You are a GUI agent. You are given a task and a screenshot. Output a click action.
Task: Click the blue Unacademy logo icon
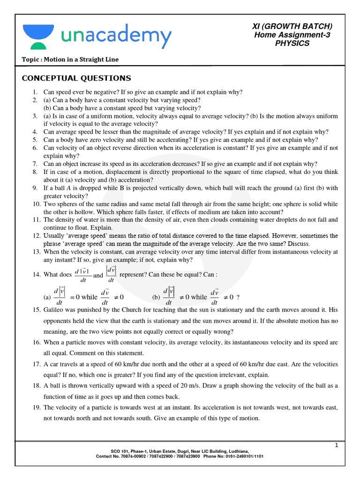tap(38, 36)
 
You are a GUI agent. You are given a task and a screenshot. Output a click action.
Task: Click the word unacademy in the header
tap(115, 36)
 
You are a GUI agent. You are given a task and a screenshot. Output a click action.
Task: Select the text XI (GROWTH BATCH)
tap(292, 26)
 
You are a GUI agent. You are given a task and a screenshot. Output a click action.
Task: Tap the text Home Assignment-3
tap(292, 35)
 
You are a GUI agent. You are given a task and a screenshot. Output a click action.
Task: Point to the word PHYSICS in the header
tap(292, 43)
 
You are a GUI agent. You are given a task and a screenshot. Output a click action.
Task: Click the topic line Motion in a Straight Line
tap(70, 59)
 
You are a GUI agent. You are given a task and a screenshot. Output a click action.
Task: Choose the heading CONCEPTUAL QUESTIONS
tap(77, 78)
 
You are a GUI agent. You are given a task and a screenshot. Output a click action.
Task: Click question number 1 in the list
tap(35, 92)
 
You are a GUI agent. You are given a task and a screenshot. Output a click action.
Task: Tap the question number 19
tap(37, 407)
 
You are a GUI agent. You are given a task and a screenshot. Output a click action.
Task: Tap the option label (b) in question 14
tap(156, 297)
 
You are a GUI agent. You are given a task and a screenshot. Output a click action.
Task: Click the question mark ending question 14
tap(238, 297)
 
